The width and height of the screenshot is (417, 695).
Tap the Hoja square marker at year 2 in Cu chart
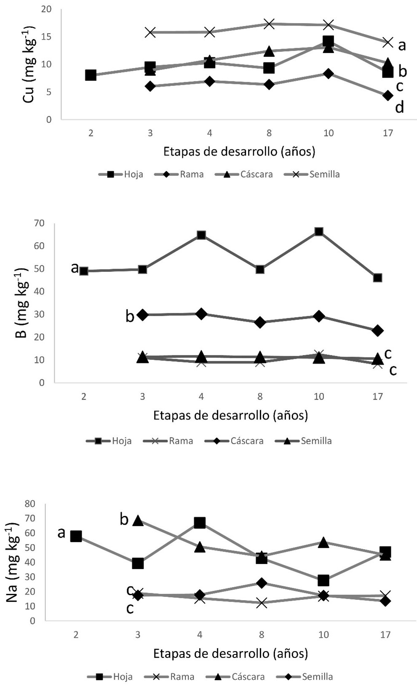pos(91,75)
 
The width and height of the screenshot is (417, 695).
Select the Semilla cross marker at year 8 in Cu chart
pos(269,24)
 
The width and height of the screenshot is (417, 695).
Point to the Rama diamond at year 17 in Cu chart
pos(388,96)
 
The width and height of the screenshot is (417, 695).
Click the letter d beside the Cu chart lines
pos(399,108)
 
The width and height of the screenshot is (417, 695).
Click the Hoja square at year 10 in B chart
pos(319,231)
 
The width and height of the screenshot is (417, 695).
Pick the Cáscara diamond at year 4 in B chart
pos(201,314)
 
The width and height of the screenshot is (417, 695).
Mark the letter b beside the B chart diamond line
pos(130,316)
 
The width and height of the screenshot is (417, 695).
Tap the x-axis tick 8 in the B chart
pos(260,397)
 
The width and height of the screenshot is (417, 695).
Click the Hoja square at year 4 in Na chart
pos(200,523)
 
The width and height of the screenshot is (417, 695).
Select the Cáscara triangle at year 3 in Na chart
pos(138,521)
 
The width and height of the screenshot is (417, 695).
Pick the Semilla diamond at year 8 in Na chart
pos(262,583)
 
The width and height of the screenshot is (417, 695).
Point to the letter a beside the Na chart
pos(61,533)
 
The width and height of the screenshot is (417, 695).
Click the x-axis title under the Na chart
pos(230,654)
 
